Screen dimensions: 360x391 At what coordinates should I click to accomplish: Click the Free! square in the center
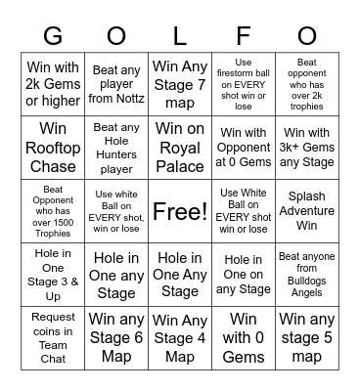pyautogui.click(x=180, y=211)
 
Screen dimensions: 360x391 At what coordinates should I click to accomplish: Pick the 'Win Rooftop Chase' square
pyautogui.click(x=53, y=148)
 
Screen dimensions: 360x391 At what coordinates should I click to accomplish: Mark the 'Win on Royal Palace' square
pyautogui.click(x=180, y=148)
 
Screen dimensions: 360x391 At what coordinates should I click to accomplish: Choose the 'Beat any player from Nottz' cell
pyautogui.click(x=116, y=84)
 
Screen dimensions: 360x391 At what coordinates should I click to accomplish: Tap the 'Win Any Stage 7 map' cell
pyautogui.click(x=180, y=84)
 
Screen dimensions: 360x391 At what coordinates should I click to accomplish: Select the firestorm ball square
pyautogui.click(x=244, y=84)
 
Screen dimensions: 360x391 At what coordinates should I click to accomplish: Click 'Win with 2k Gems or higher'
pyautogui.click(x=53, y=84)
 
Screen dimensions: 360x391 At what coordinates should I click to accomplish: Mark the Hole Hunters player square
pyautogui.click(x=116, y=148)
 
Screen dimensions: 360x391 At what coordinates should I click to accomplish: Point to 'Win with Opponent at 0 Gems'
pyautogui.click(x=244, y=148)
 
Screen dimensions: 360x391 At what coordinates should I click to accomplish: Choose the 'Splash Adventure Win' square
pyautogui.click(x=307, y=211)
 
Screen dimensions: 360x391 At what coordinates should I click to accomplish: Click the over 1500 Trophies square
pyautogui.click(x=53, y=211)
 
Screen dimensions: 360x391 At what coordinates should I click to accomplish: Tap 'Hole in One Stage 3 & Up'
pyautogui.click(x=53, y=275)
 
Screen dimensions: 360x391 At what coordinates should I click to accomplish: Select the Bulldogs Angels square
pyautogui.click(x=307, y=275)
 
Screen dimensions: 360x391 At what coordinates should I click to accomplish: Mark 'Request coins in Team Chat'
pyautogui.click(x=53, y=338)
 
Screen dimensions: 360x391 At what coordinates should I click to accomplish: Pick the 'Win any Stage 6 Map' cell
pyautogui.click(x=116, y=338)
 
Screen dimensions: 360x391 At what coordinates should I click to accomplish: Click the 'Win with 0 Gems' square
pyautogui.click(x=244, y=338)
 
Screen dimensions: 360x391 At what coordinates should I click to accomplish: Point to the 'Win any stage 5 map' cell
pyautogui.click(x=307, y=338)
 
